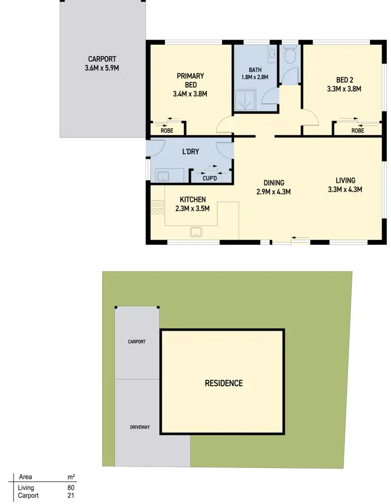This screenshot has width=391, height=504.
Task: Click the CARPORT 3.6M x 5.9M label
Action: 102,63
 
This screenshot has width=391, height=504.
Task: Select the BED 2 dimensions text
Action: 344,89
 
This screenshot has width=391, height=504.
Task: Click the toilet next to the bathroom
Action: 290,54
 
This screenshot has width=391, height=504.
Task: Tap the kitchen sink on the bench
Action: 197,231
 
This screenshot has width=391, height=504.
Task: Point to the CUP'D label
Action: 210,178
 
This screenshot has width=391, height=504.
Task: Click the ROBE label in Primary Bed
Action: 166,130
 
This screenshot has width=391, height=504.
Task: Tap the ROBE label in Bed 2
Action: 357,130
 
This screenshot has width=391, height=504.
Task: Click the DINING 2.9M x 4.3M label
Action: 273,187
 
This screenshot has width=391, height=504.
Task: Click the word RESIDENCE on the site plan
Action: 223,383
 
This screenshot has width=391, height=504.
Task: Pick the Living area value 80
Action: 71,488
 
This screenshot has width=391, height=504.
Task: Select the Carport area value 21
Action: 71,495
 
